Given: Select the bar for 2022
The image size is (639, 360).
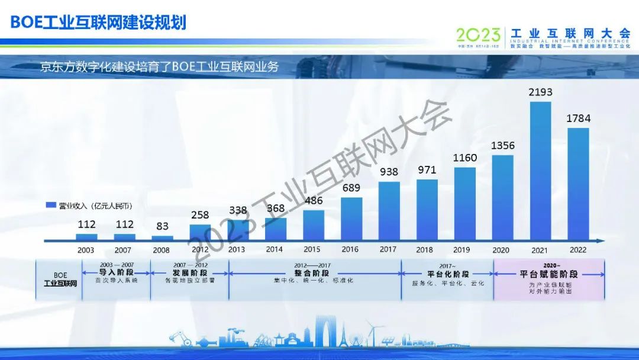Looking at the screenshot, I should pyautogui.click(x=578, y=184).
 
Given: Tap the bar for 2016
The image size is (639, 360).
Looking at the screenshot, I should pyautogui.click(x=351, y=218).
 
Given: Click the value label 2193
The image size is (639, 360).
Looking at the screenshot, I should pyautogui.click(x=541, y=92).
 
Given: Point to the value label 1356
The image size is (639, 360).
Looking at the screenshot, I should pyautogui.click(x=503, y=146).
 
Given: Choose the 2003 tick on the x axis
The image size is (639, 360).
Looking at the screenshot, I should pyautogui.click(x=86, y=250).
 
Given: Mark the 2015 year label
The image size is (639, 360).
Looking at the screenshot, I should pyautogui.click(x=312, y=249).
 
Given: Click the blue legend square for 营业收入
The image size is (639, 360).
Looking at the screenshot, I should pyautogui.click(x=51, y=205).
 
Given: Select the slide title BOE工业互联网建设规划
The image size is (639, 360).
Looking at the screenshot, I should pyautogui.click(x=98, y=22).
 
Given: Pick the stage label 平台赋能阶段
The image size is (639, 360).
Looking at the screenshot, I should pyautogui.click(x=548, y=274).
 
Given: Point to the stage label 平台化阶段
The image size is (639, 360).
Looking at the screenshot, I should pyautogui.click(x=448, y=274).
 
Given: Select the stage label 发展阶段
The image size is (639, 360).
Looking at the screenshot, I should pyautogui.click(x=190, y=273).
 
